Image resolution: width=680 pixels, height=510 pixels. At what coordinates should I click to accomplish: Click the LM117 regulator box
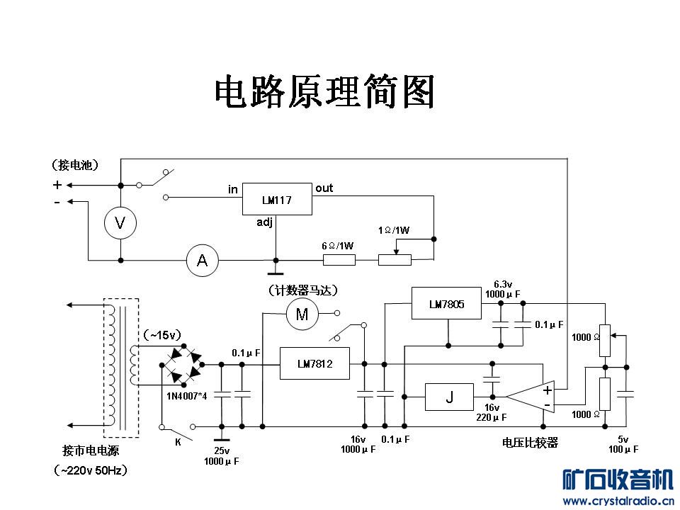pyautogui.click(x=277, y=199)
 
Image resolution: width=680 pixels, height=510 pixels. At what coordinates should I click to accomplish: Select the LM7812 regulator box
pyautogui.click(x=314, y=363)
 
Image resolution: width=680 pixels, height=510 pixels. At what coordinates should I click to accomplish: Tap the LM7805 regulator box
pyautogui.click(x=446, y=305)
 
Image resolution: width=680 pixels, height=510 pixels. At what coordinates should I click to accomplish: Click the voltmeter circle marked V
pyautogui.click(x=120, y=224)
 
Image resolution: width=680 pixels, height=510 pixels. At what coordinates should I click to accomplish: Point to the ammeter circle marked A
pyautogui.click(x=202, y=261)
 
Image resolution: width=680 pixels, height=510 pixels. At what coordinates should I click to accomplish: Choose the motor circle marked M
pyautogui.click(x=302, y=314)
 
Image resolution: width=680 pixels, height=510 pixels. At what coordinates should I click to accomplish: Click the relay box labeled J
pyautogui.click(x=449, y=397)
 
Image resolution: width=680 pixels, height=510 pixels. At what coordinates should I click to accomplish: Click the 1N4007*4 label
pyautogui.click(x=186, y=395)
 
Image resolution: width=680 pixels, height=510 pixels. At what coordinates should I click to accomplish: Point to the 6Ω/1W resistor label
pyautogui.click(x=337, y=246)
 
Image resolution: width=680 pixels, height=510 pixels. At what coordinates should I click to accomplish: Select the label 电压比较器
pyautogui.click(x=530, y=443)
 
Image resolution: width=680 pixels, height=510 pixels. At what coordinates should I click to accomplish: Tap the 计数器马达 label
pyautogui.click(x=302, y=290)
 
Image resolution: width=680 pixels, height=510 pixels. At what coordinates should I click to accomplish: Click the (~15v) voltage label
pyautogui.click(x=162, y=334)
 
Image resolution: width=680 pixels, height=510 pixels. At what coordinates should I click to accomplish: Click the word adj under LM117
pyautogui.click(x=264, y=222)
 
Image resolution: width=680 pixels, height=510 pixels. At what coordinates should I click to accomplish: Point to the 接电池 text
pyautogui.click(x=75, y=165)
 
